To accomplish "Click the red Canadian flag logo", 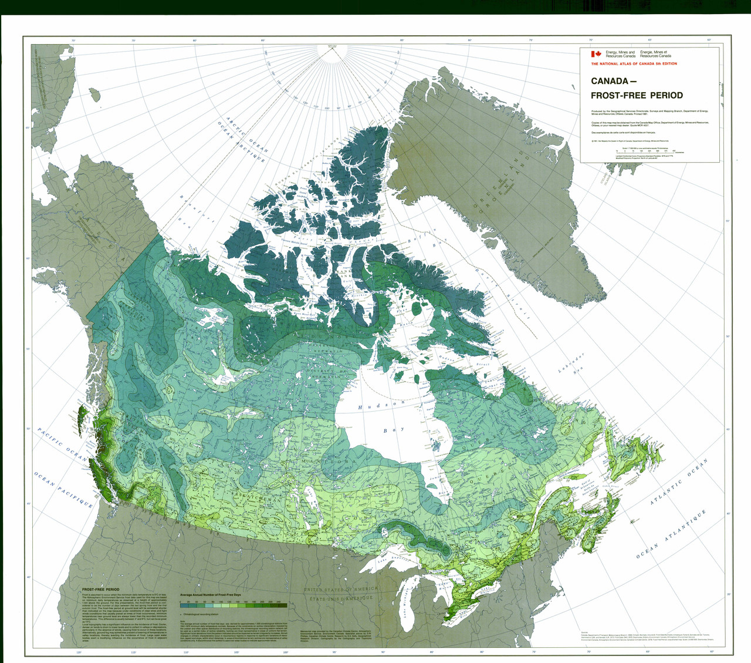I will (x=596, y=54).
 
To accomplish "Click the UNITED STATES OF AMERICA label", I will (x=340, y=589).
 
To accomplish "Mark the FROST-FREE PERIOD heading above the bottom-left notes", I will (x=100, y=589).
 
